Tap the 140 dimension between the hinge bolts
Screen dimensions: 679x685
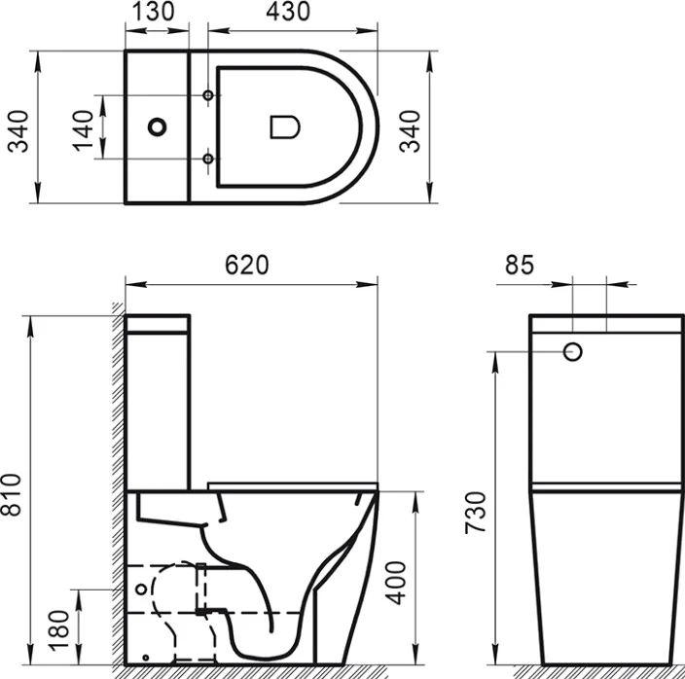point(83,126)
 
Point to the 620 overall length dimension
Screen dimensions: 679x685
point(246,266)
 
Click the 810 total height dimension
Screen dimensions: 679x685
point(13,497)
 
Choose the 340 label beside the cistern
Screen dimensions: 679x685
point(18,126)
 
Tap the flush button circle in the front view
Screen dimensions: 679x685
point(573,351)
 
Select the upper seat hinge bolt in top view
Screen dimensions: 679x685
point(208,95)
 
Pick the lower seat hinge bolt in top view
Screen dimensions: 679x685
point(208,158)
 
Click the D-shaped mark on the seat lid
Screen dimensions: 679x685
point(282,126)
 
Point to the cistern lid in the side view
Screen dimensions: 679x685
point(159,324)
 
